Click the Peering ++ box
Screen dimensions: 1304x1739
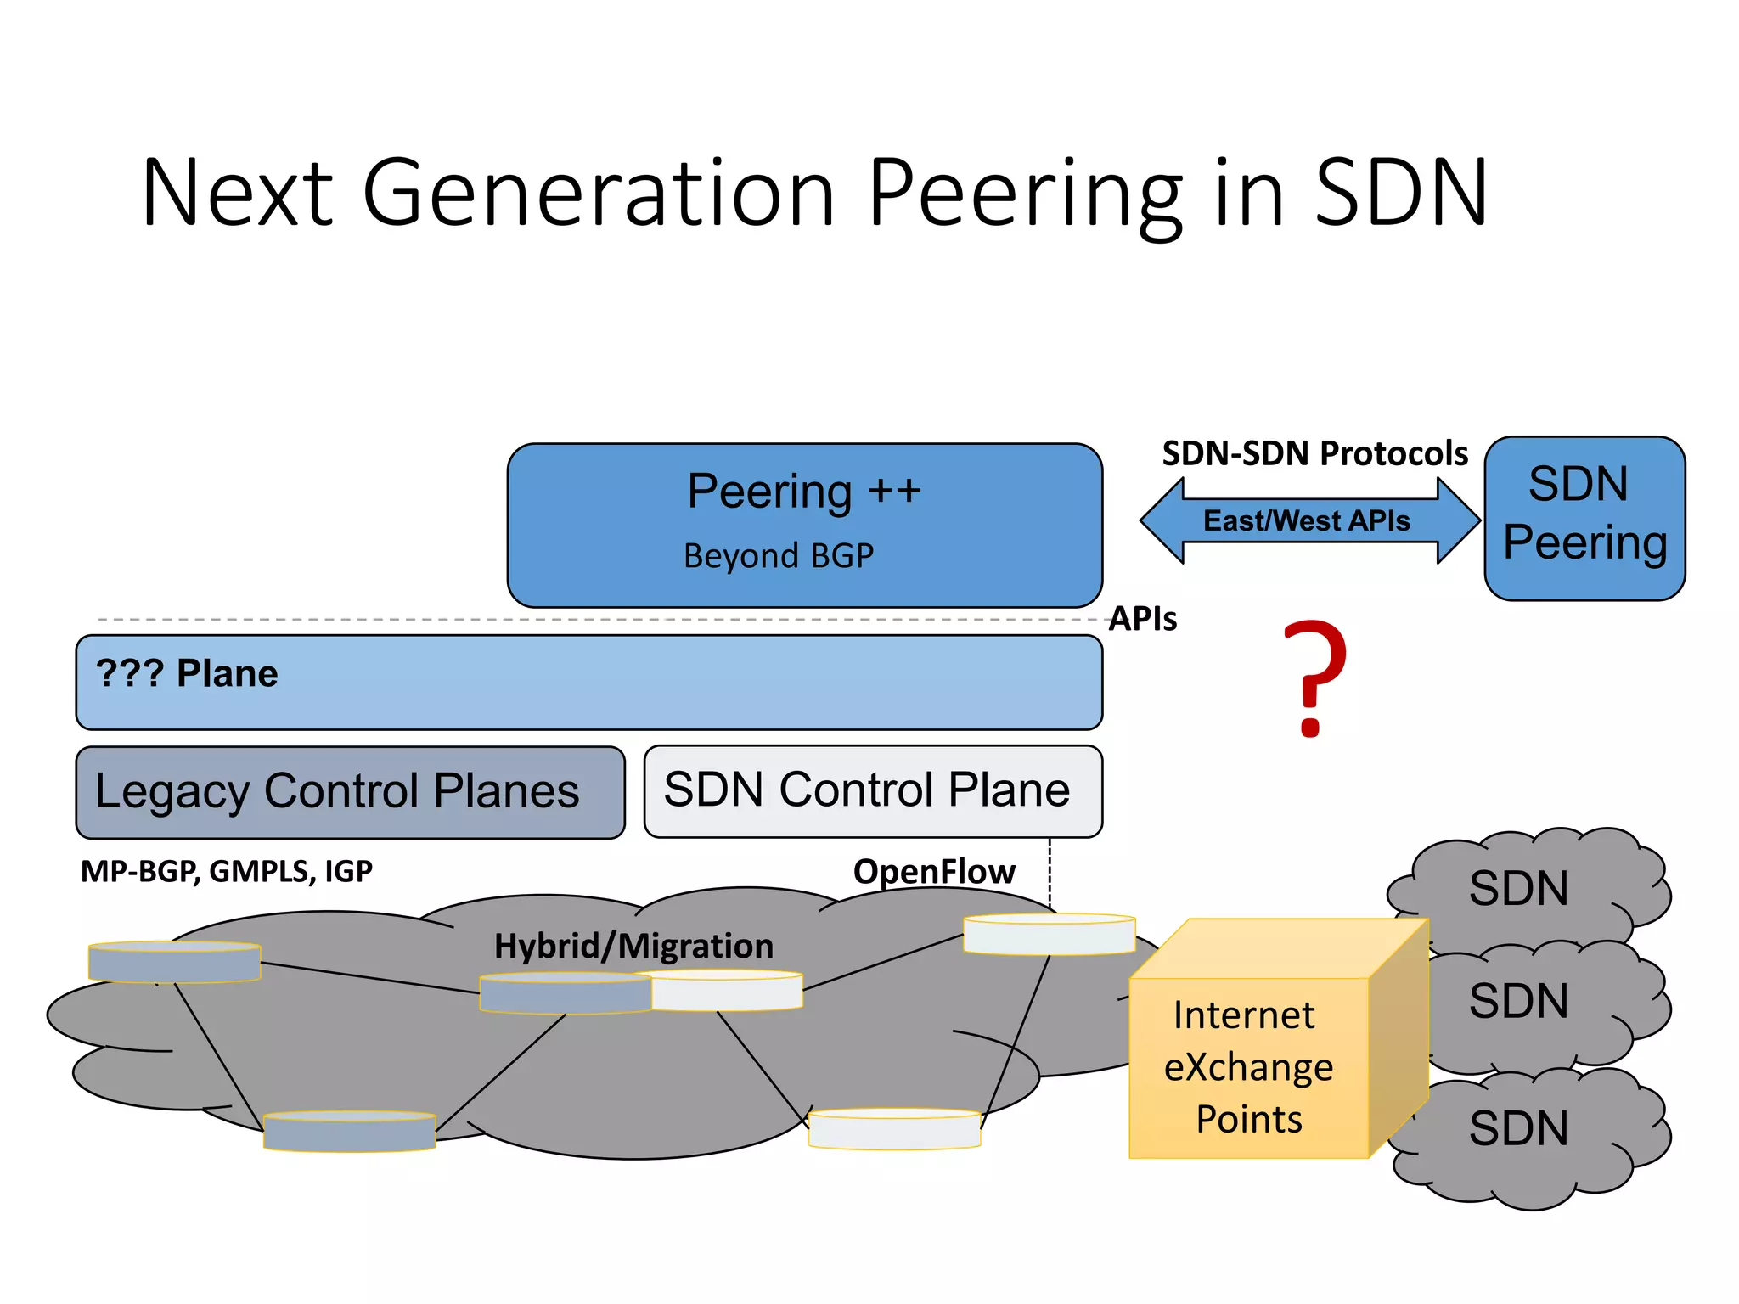tap(804, 524)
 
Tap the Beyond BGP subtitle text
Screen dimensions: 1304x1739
tap(778, 556)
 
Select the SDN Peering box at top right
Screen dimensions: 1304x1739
tap(1584, 518)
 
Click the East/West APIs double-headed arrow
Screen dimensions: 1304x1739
tap(1308, 520)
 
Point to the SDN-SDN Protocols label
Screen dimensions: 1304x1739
tap(1314, 454)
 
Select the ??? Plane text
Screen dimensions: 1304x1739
tap(187, 674)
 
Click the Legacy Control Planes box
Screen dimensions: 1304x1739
tap(349, 792)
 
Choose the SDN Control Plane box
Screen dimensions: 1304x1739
tap(872, 790)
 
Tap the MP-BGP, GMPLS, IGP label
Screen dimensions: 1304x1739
tap(226, 872)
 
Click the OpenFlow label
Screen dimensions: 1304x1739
tap(933, 872)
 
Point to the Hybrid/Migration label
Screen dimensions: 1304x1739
tap(633, 946)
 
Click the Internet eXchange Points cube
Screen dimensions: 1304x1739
tap(1248, 1065)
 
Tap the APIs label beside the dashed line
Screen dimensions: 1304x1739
tap(1143, 619)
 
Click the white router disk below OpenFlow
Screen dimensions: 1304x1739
tap(1049, 935)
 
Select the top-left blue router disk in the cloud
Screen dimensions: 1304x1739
tap(174, 962)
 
